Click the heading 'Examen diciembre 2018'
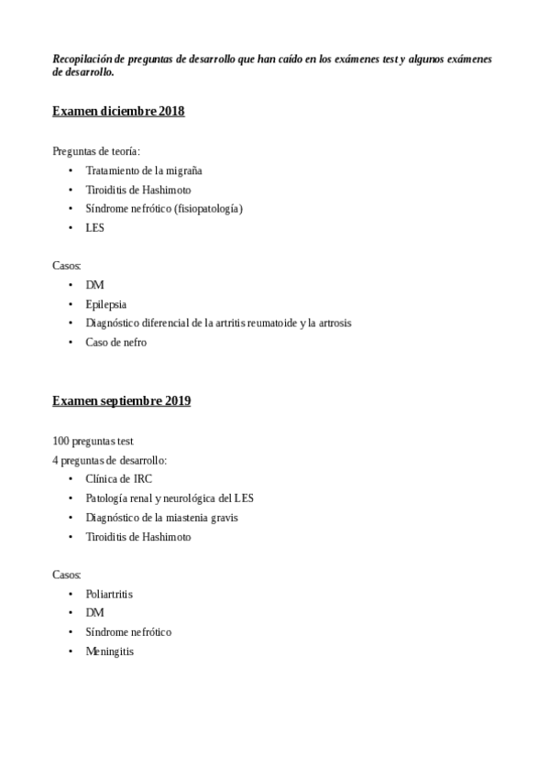pos(118,112)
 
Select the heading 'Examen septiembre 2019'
pos(121,401)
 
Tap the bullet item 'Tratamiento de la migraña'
pos(143,170)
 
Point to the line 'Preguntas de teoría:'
pos(96,151)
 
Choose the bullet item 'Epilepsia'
pos(105,304)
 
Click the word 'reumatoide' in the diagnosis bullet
pos(274,323)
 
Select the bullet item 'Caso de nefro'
pos(115,343)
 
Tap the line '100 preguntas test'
pos(93,441)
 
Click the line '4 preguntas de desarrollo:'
pos(109,460)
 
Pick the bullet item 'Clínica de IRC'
pos(118,479)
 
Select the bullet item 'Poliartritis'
pos(109,594)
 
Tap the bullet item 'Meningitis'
pos(109,651)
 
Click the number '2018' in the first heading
pos(171,112)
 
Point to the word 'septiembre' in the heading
pos(130,401)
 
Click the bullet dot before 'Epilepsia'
pos(71,304)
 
